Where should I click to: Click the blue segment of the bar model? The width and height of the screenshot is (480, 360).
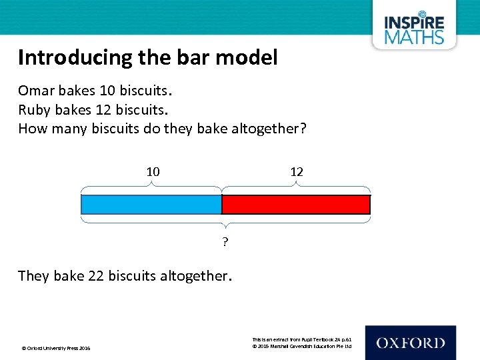click(151, 204)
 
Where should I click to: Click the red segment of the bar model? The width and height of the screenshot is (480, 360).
click(295, 204)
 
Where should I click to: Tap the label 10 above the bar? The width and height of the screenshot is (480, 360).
click(153, 172)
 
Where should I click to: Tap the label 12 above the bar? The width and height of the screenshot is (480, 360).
click(297, 172)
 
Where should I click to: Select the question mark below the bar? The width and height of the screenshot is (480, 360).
click(225, 242)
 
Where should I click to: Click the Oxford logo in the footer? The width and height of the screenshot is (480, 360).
click(410, 343)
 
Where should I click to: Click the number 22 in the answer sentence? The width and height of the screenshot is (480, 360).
click(96, 275)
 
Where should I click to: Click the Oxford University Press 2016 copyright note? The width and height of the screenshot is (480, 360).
click(57, 348)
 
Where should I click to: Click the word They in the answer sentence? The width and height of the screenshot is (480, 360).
click(33, 275)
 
